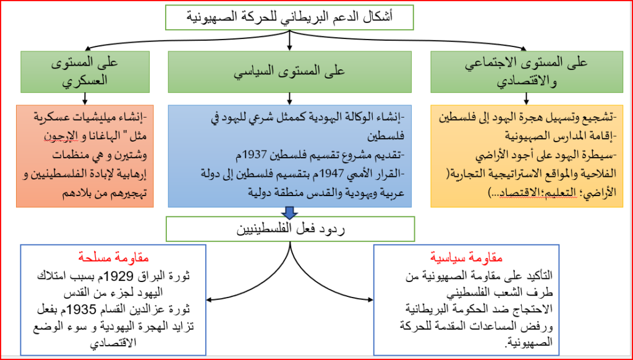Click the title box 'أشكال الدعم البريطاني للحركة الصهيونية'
click(x=289, y=17)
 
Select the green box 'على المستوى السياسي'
click(x=289, y=72)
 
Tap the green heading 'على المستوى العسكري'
click(x=85, y=72)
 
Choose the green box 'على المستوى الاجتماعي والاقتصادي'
click(x=527, y=72)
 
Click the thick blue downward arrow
click(x=289, y=213)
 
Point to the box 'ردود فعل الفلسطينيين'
click(x=290, y=229)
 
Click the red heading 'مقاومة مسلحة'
click(x=114, y=257)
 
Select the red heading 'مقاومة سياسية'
click(x=466, y=257)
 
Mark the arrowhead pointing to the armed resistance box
click(x=209, y=300)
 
